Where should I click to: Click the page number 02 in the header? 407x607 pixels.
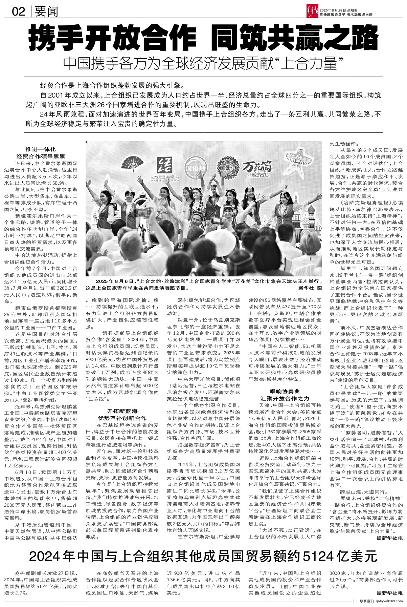[19, 12]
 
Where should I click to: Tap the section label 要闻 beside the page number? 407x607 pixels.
[46, 12]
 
